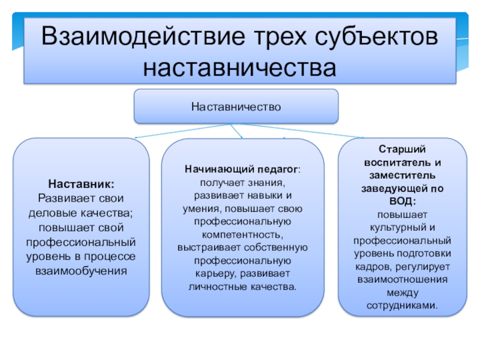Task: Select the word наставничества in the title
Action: tap(239, 66)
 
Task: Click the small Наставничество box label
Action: tap(236, 107)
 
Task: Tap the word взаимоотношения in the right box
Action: tap(403, 280)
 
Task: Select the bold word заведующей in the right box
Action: tap(394, 189)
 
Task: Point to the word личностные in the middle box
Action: tap(214, 287)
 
